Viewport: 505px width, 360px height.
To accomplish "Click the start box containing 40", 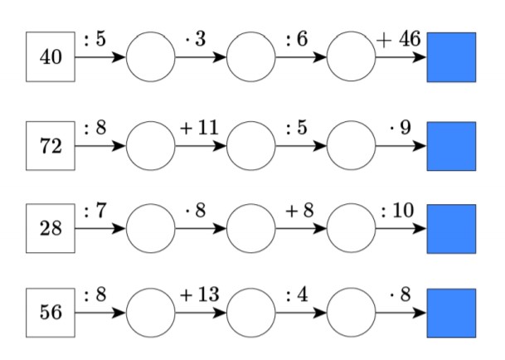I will click(x=51, y=58).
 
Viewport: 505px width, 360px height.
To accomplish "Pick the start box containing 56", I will click(x=51, y=314).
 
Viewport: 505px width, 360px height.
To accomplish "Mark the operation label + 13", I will click(x=198, y=296).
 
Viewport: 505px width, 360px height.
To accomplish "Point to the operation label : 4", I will click(x=297, y=296).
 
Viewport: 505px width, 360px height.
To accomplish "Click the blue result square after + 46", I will click(x=451, y=58).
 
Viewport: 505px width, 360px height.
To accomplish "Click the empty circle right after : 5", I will click(x=151, y=58).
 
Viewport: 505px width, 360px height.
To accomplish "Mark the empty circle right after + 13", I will click(x=251, y=314).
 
